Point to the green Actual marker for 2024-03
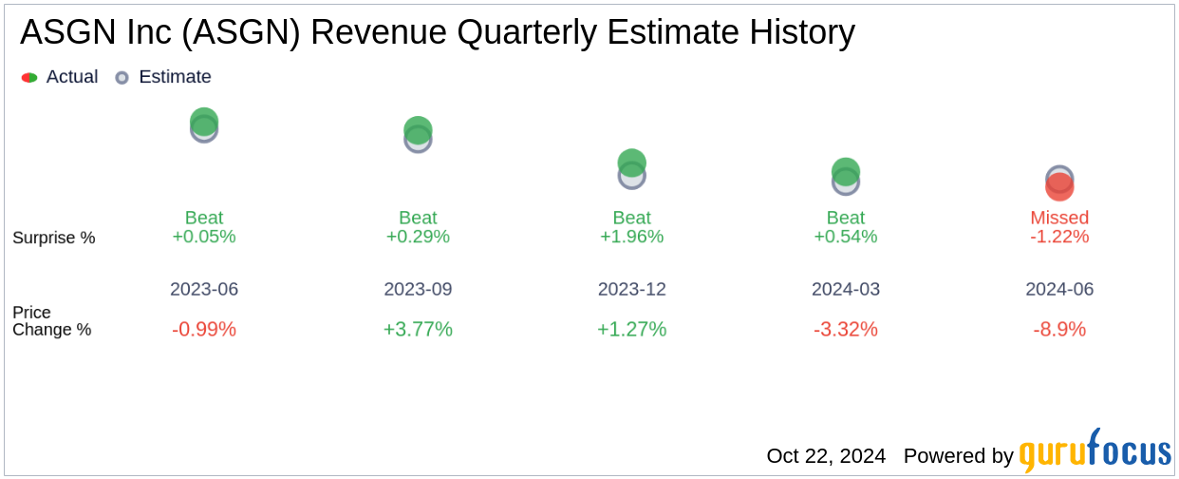(x=846, y=170)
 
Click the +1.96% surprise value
(x=632, y=237)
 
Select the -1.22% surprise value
(x=1059, y=237)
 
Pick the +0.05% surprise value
(x=204, y=237)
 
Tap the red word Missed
(x=1059, y=218)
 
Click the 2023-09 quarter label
(x=418, y=289)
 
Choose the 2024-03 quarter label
(x=846, y=289)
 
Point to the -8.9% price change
(x=1059, y=330)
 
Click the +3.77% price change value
(x=418, y=330)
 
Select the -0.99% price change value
(x=204, y=330)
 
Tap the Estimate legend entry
(x=163, y=77)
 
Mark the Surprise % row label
(x=54, y=238)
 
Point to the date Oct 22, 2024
(x=826, y=456)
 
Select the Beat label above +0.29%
(x=418, y=218)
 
